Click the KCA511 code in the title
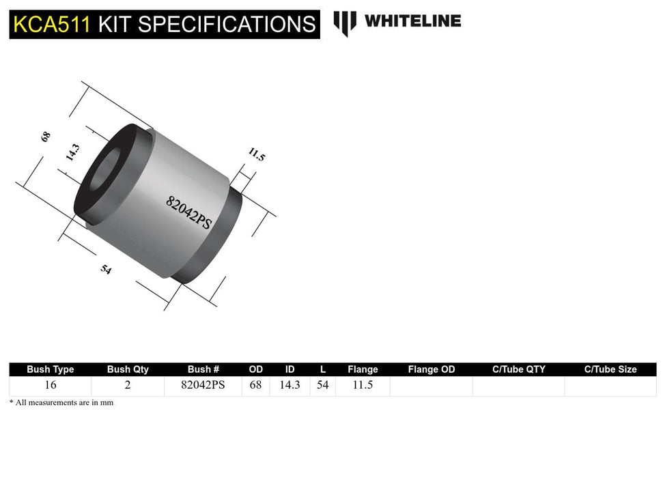tap(51, 25)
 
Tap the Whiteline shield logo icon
tap(345, 23)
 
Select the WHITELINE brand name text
tap(412, 20)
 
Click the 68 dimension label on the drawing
tap(46, 136)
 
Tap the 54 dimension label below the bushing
tap(106, 269)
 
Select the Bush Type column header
tap(51, 369)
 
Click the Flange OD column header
tap(431, 369)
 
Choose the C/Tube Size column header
tap(610, 369)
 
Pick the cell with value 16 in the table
tap(51, 385)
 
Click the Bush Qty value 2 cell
tap(128, 385)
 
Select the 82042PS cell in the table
tap(203, 385)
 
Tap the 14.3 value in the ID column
tap(290, 385)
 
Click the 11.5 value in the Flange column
tap(363, 385)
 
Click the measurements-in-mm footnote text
tap(61, 403)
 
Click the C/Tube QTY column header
tap(519, 369)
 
